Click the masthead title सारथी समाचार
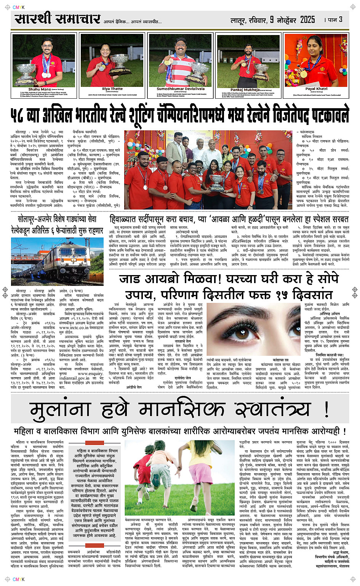tap(58, 19)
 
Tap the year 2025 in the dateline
tap(307, 19)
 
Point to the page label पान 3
tap(336, 19)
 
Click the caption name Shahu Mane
tap(39, 89)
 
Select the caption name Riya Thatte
tap(112, 89)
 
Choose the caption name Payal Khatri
tap(316, 89)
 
